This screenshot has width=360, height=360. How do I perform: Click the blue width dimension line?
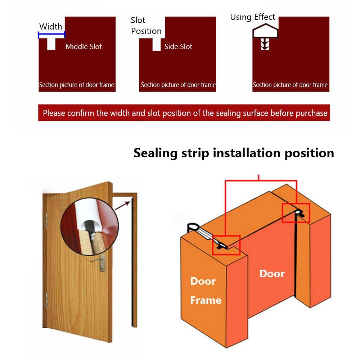coord(51,35)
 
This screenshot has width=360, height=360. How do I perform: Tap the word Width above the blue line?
coord(51,27)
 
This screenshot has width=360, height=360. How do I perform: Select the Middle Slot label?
coord(84,46)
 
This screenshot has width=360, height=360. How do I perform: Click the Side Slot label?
coord(178,46)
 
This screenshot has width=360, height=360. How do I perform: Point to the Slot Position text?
coord(146,26)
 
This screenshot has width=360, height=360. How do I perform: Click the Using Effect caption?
coord(253,17)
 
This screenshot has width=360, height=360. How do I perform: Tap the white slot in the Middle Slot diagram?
coord(51,44)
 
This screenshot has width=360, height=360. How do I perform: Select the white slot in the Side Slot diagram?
coord(157,45)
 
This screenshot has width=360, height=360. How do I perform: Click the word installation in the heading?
coord(247,153)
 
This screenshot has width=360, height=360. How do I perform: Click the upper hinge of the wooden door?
coord(46,220)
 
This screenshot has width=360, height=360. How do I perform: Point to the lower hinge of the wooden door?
coord(46,300)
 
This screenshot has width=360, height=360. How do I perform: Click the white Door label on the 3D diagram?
coord(272,274)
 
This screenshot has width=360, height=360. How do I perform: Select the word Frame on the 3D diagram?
coord(206,300)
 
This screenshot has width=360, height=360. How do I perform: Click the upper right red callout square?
coord(296,213)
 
